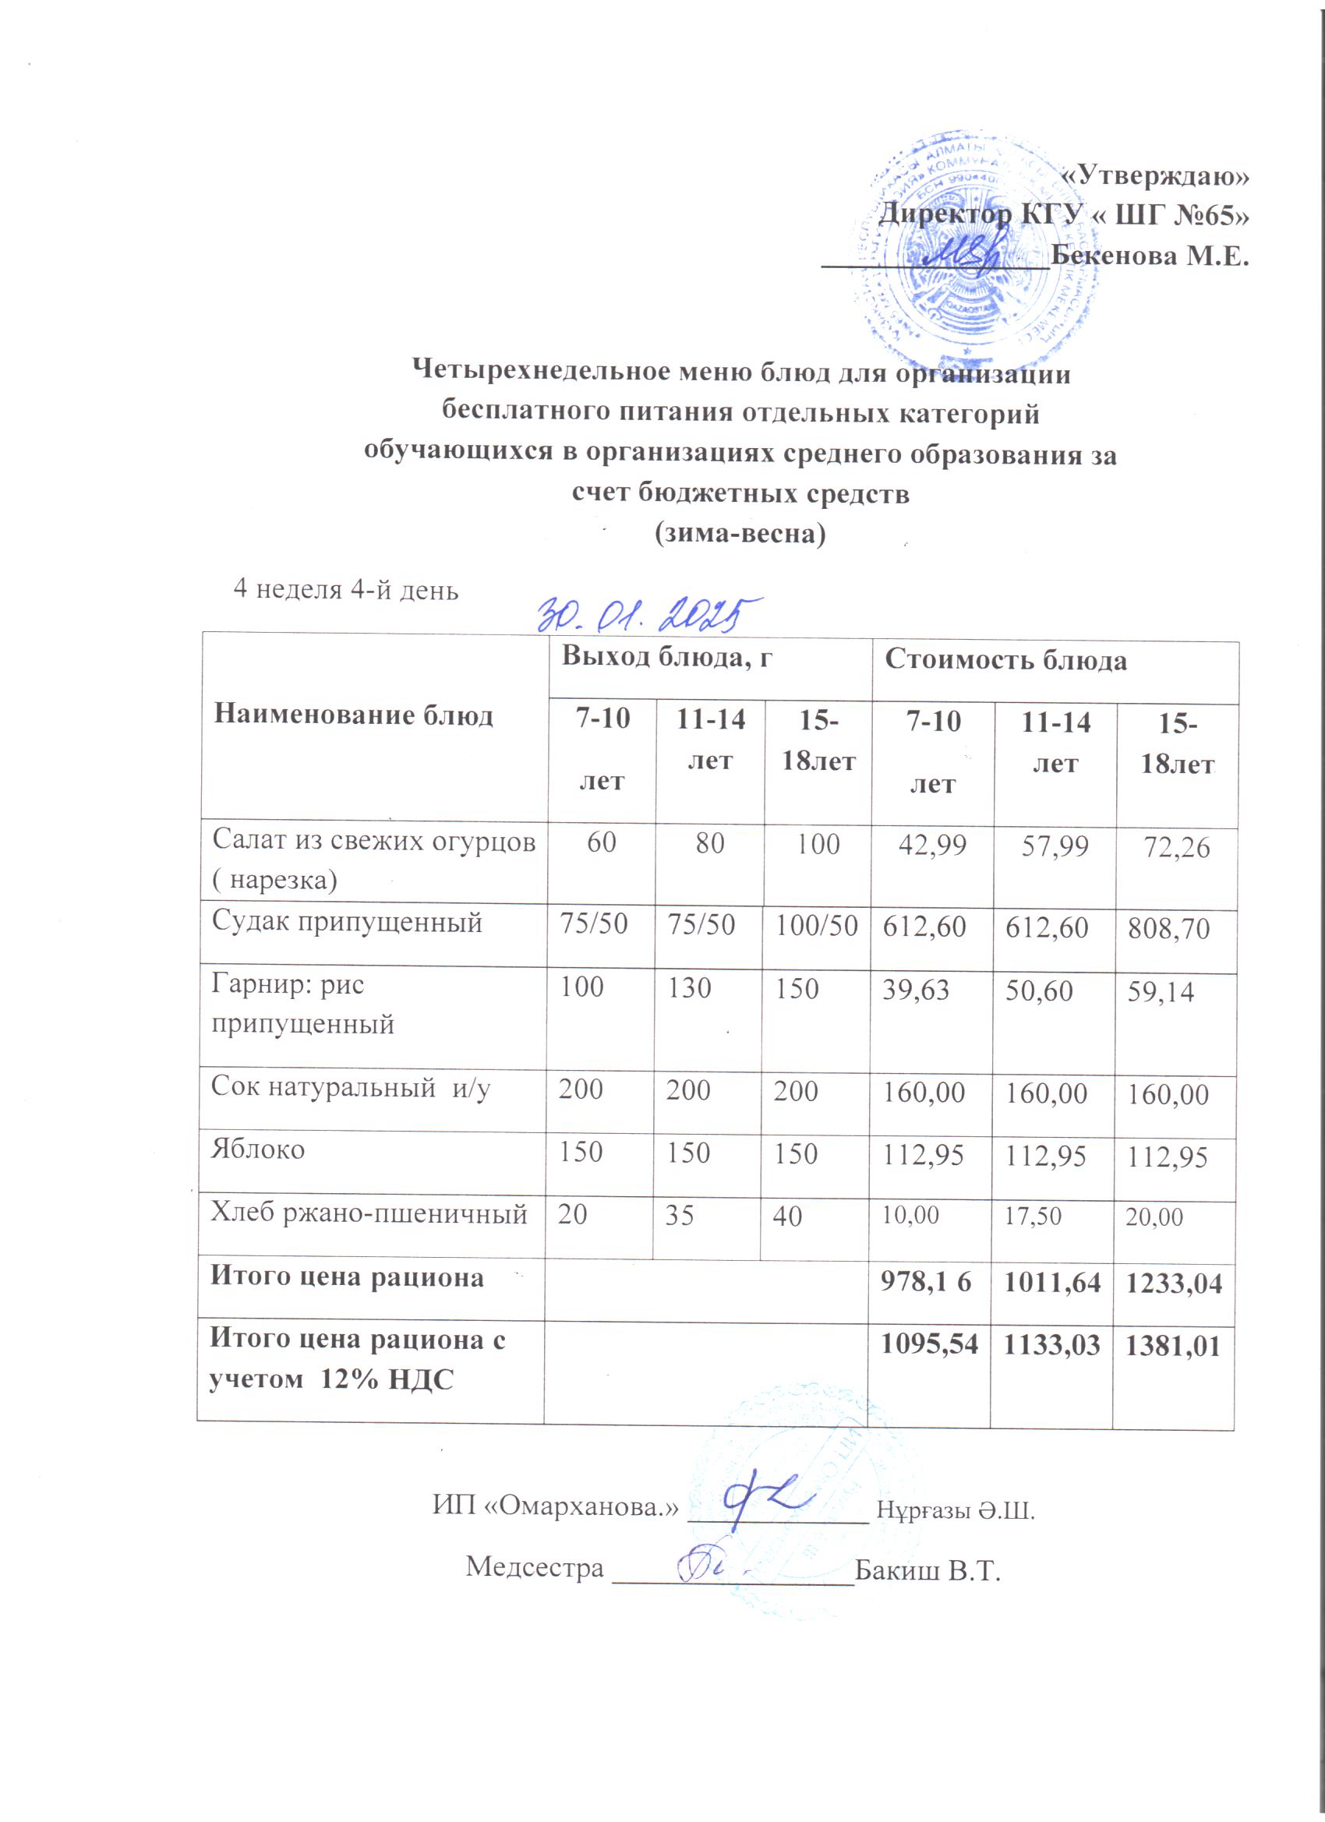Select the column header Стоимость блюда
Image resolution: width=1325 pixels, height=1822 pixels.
tap(1005, 660)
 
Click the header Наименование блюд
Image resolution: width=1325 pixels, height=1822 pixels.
tap(354, 714)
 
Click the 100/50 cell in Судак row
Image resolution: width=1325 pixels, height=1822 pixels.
tap(816, 925)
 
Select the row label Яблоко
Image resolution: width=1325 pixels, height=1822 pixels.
tap(258, 1149)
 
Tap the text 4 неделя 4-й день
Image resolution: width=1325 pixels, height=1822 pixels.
tap(345, 591)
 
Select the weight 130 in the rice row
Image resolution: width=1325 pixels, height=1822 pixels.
tap(690, 987)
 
